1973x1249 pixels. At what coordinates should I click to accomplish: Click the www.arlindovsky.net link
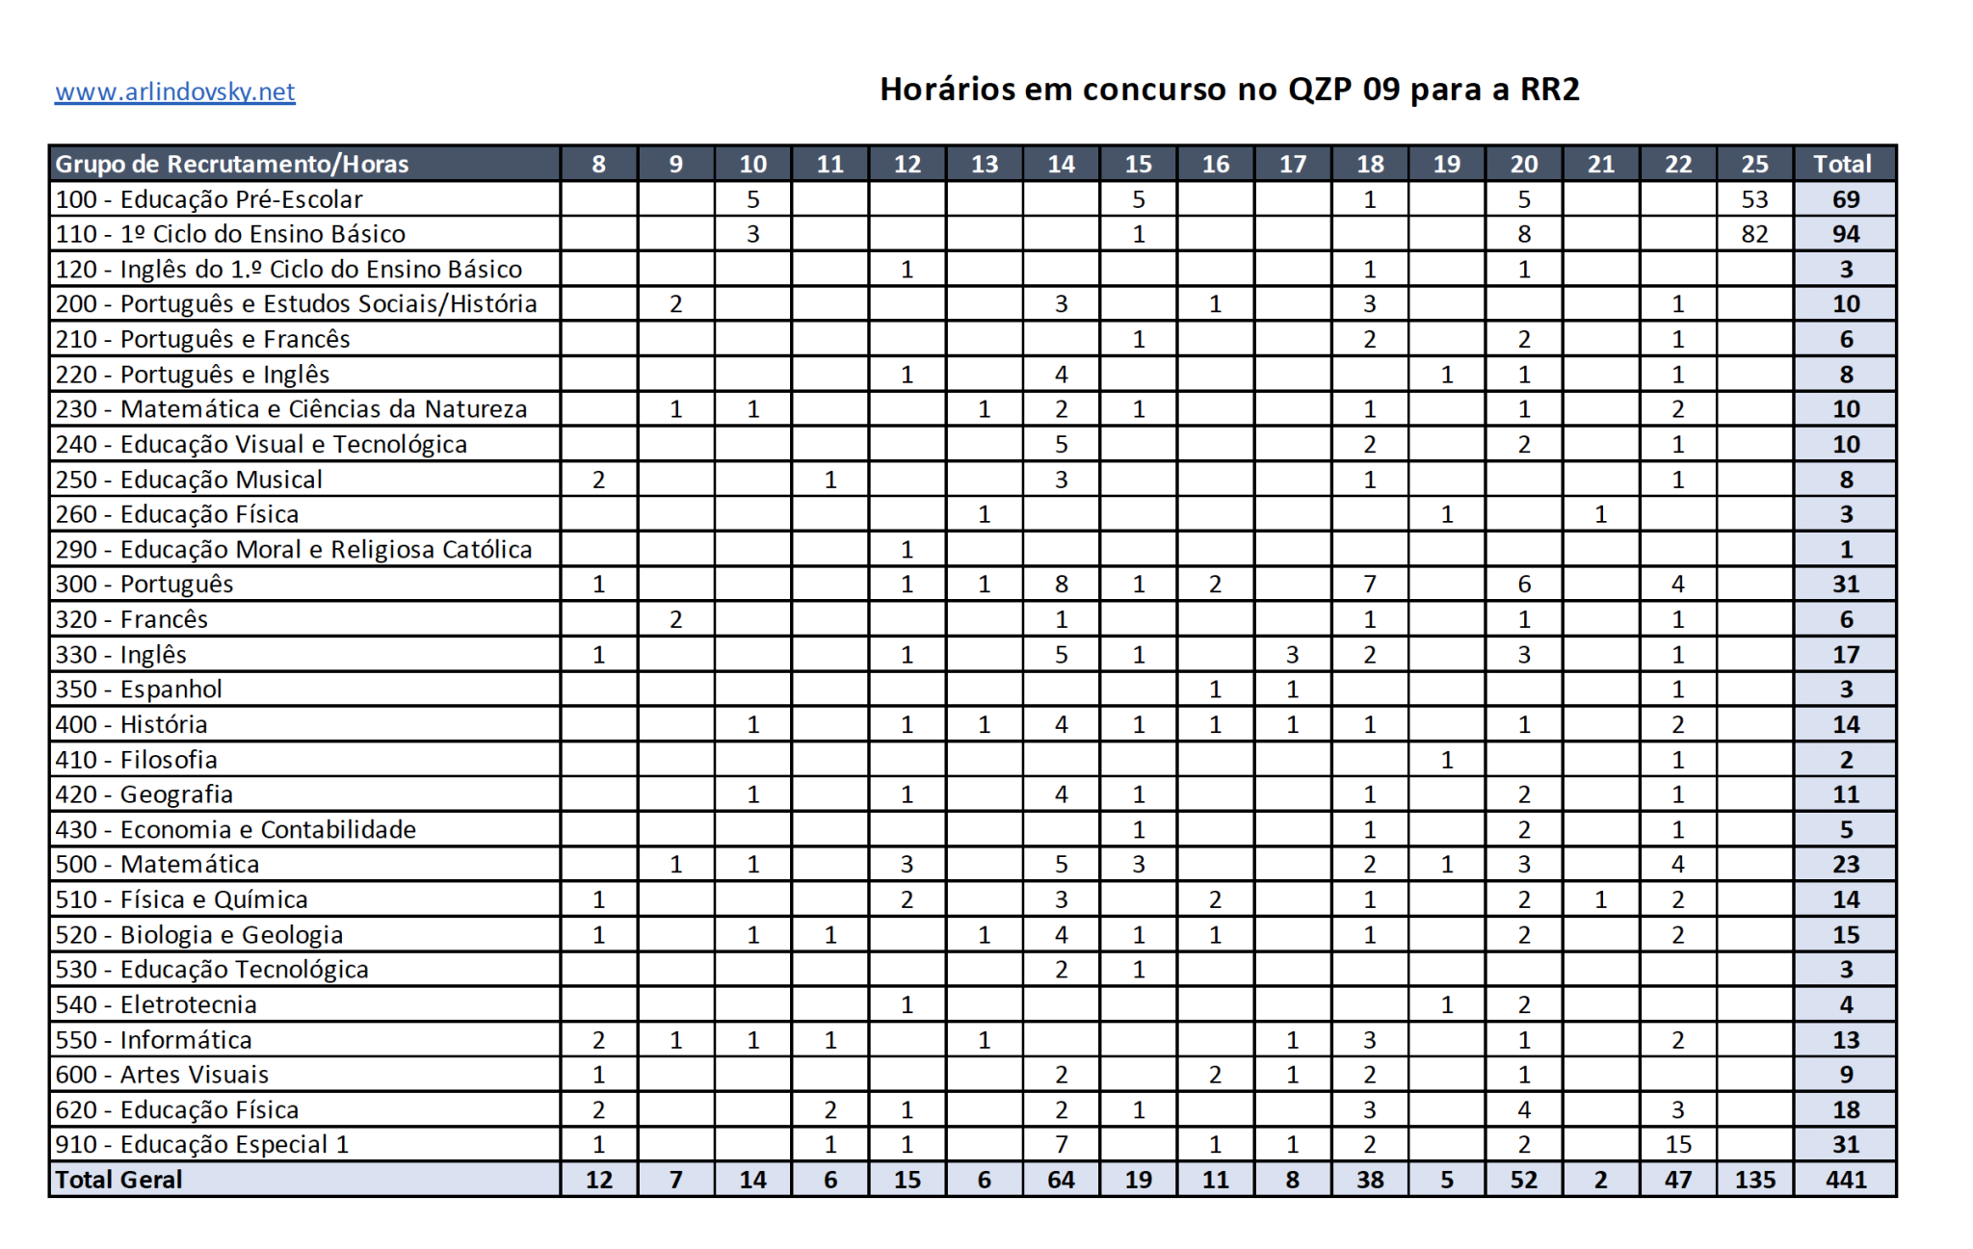[x=174, y=91]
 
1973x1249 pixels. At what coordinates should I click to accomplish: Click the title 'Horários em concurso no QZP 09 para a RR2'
[x=1228, y=90]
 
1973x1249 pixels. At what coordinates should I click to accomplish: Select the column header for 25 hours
[x=1754, y=164]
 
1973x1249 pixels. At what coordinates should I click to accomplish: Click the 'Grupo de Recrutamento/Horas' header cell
[x=231, y=164]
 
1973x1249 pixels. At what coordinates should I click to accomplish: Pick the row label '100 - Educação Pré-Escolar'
[x=209, y=199]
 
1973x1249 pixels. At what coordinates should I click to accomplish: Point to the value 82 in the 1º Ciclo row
[x=1754, y=234]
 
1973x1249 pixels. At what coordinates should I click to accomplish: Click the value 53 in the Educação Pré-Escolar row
[x=1754, y=199]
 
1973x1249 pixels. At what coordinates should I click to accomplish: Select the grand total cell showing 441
[x=1845, y=1180]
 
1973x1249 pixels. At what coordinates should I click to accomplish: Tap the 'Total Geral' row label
[x=118, y=1180]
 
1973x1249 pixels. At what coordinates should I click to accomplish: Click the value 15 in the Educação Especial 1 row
[x=1677, y=1144]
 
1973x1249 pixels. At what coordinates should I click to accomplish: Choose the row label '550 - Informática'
[x=153, y=1040]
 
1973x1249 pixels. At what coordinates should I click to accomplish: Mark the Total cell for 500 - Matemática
[x=1845, y=864]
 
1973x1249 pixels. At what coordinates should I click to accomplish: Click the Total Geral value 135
[x=1754, y=1180]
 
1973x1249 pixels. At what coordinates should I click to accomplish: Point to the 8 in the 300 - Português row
[x=1061, y=584]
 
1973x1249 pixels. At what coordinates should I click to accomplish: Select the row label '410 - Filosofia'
[x=136, y=760]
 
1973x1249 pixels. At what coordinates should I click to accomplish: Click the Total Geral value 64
[x=1061, y=1180]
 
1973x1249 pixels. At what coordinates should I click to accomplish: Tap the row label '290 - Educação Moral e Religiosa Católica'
[x=293, y=549]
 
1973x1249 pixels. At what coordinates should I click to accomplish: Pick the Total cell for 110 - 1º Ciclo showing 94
[x=1845, y=234]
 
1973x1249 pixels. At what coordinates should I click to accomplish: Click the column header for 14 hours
[x=1061, y=164]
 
